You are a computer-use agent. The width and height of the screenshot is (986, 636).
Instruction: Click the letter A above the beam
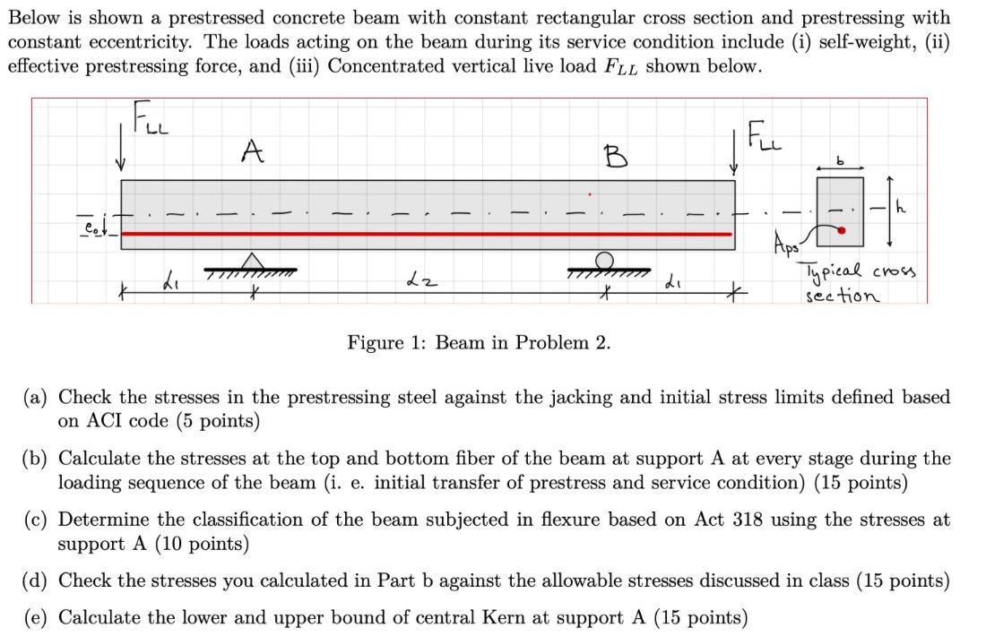[x=253, y=152]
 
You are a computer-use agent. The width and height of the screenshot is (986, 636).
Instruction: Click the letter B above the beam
[x=616, y=159]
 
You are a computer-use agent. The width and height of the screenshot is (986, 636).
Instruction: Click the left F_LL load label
[x=149, y=118]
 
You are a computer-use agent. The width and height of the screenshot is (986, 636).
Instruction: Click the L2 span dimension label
[x=429, y=283]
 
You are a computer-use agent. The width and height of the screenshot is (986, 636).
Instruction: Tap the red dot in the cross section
[x=841, y=229]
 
